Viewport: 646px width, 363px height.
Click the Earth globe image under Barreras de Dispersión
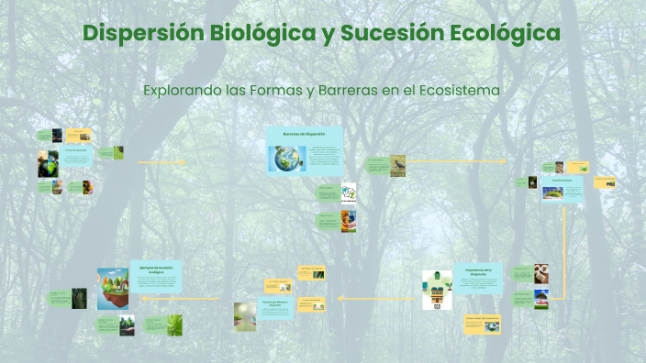coord(286,159)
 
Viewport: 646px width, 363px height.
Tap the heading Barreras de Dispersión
coord(304,134)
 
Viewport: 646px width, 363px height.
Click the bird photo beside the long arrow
coord(397,165)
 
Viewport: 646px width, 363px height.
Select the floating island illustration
coord(113,287)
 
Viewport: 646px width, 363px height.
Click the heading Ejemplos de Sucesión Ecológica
coord(156,269)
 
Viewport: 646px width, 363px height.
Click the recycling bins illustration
coord(437,289)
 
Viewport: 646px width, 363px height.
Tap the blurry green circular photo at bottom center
coord(245,314)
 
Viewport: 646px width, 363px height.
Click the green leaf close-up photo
coord(174,324)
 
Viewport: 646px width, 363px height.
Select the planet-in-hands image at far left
coord(48,164)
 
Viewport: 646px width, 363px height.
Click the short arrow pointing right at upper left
coord(161,162)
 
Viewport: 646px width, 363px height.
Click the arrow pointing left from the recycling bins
coord(372,298)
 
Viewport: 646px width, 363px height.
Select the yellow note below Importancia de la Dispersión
coord(482,324)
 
